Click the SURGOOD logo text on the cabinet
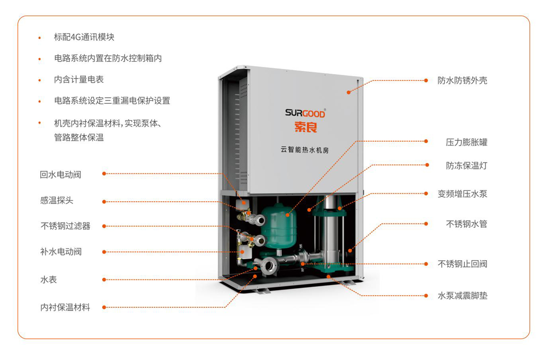pyautogui.click(x=305, y=113)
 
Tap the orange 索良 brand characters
pyautogui.click(x=306, y=127)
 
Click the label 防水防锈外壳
pyautogui.click(x=462, y=81)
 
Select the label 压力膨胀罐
pyautogui.click(x=466, y=142)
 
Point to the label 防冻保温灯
pyautogui.click(x=466, y=166)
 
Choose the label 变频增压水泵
pyautogui.click(x=462, y=194)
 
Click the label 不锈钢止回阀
pyautogui.click(x=462, y=264)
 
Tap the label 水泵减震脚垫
pyautogui.click(x=462, y=296)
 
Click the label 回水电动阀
pyautogui.click(x=60, y=175)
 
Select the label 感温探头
pyautogui.click(x=56, y=200)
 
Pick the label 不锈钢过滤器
pyautogui.click(x=65, y=226)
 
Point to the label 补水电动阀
pyautogui.click(x=61, y=252)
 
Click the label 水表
pyautogui.click(x=49, y=279)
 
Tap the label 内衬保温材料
pyautogui.click(x=65, y=307)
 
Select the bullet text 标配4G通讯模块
pyautogui.click(x=84, y=37)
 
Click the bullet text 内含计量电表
pyautogui.click(x=79, y=79)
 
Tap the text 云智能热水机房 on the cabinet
pyautogui.click(x=305, y=149)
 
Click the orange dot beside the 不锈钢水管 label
pyautogui.click(x=426, y=224)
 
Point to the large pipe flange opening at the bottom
pyautogui.click(x=269, y=266)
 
